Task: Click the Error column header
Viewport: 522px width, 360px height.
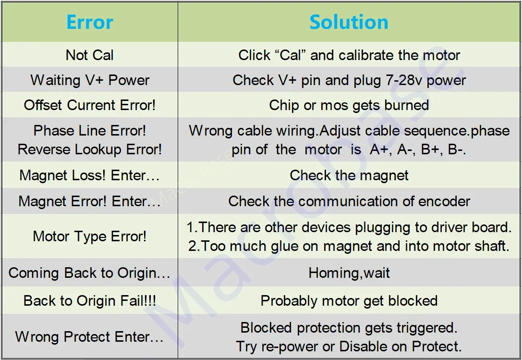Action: [90, 22]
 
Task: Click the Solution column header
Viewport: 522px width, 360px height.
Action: [349, 22]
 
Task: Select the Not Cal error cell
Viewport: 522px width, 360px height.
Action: [90, 55]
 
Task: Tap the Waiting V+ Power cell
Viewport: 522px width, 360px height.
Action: [90, 80]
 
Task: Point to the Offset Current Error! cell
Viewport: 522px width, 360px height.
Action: [90, 105]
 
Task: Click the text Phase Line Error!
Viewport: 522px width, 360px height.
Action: [90, 131]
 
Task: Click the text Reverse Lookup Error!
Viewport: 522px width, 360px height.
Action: [90, 149]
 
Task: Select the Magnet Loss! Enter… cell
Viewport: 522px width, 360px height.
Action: [90, 175]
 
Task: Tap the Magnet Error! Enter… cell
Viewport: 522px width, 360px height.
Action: [90, 201]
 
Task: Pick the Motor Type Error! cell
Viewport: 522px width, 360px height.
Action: [90, 236]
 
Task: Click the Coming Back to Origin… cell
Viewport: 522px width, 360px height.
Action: [90, 273]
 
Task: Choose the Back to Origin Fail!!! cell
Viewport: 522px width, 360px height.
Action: [90, 301]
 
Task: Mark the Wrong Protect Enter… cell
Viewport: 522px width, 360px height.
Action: [90, 336]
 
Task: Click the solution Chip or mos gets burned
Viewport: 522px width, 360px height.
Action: [349, 105]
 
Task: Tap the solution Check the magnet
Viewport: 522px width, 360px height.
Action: [349, 175]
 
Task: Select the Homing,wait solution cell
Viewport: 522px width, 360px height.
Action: [349, 273]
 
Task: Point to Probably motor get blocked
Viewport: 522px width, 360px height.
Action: [349, 301]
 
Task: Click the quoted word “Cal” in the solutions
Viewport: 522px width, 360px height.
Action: [290, 55]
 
